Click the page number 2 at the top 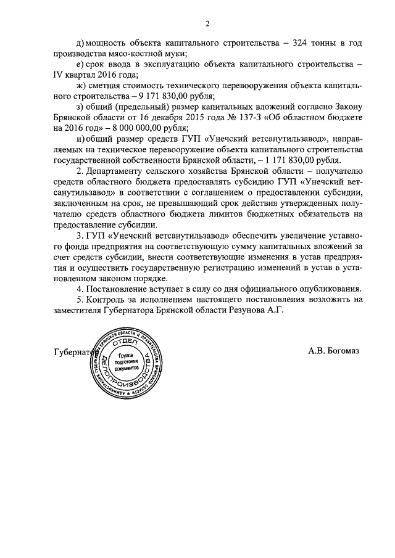(208, 24)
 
